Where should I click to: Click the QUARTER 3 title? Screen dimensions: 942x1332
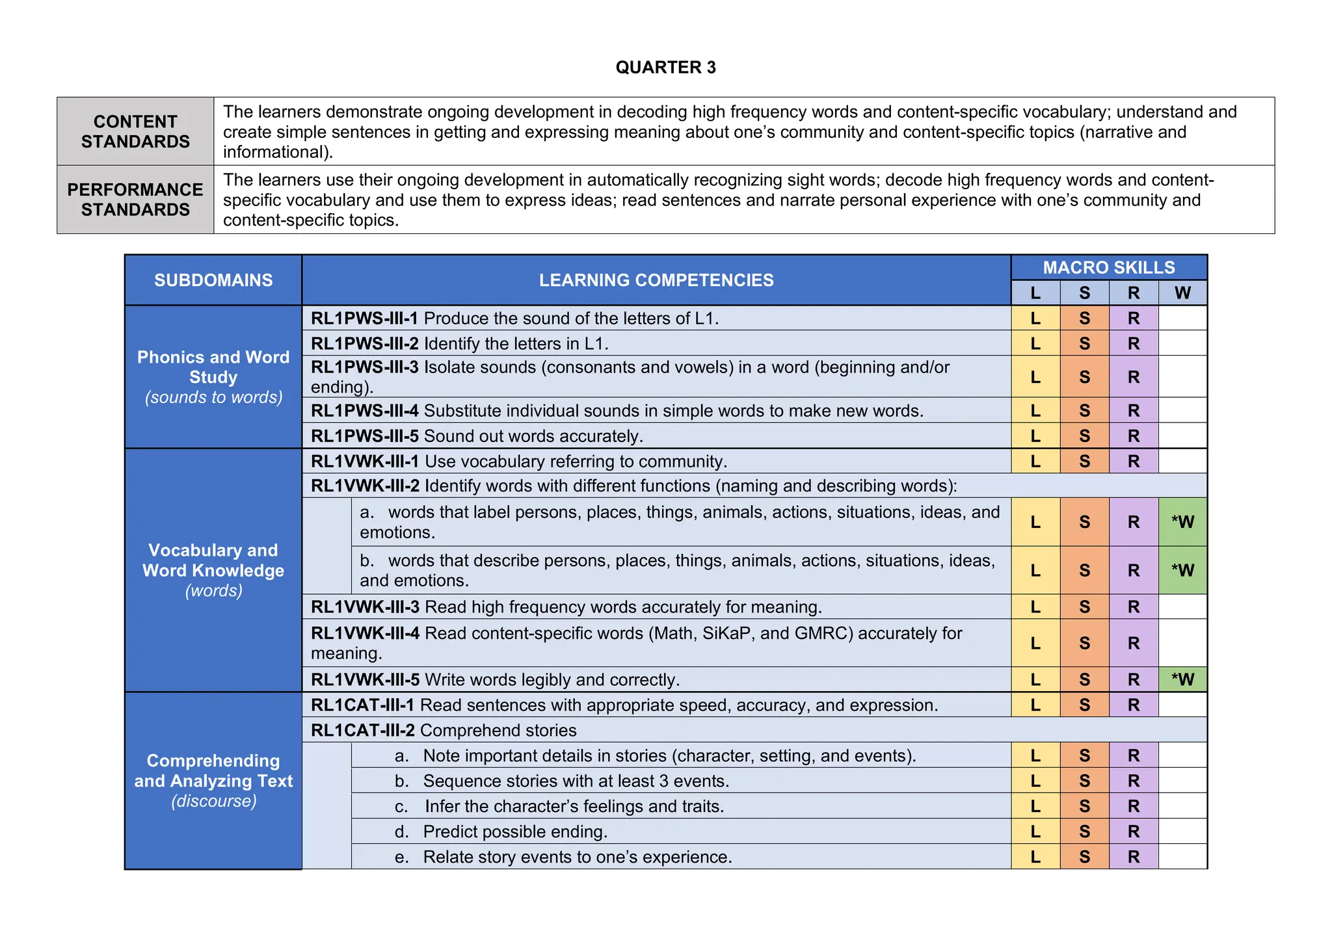(665, 68)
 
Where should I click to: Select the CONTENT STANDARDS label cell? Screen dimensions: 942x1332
(135, 131)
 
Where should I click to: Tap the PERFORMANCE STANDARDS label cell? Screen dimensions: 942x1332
(135, 200)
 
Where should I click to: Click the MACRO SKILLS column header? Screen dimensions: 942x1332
(1108, 267)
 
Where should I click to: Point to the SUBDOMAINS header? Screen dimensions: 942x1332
(213, 280)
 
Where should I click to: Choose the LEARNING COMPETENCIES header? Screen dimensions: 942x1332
(656, 280)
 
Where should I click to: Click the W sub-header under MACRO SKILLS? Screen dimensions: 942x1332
(1182, 293)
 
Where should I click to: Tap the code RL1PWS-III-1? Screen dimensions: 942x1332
(364, 319)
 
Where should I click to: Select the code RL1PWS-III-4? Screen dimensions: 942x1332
(364, 411)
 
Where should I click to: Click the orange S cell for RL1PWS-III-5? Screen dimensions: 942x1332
(1084, 436)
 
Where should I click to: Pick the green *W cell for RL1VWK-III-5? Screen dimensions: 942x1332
(1182, 680)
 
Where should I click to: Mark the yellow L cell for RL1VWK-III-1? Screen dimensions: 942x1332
(1035, 462)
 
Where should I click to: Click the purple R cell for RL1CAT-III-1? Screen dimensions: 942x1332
(1134, 705)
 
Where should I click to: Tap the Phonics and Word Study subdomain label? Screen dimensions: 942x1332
(213, 367)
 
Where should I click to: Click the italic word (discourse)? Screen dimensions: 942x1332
(213, 801)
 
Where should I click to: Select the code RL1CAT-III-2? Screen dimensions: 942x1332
(362, 731)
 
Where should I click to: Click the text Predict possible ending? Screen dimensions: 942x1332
(514, 832)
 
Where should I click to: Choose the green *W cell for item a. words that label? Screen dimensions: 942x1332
(1182, 522)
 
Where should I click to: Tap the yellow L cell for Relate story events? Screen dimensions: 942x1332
(1035, 857)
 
